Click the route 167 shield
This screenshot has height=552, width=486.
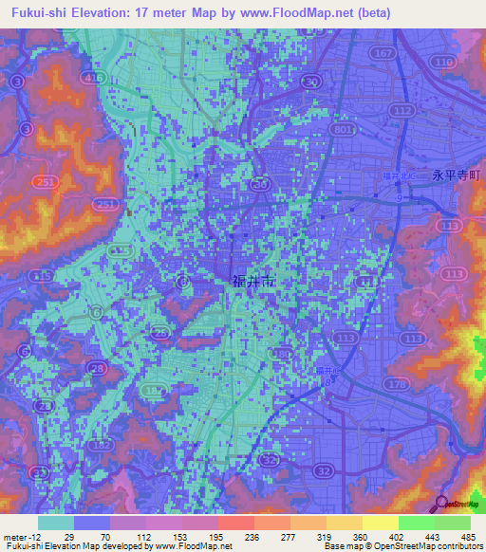click(x=383, y=53)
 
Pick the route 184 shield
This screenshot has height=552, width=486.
click(x=281, y=355)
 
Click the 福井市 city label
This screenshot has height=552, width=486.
click(x=253, y=281)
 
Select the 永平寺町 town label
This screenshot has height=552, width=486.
click(x=457, y=175)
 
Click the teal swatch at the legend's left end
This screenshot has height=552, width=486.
click(x=56, y=523)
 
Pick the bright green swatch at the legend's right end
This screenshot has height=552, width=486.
click(x=452, y=523)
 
